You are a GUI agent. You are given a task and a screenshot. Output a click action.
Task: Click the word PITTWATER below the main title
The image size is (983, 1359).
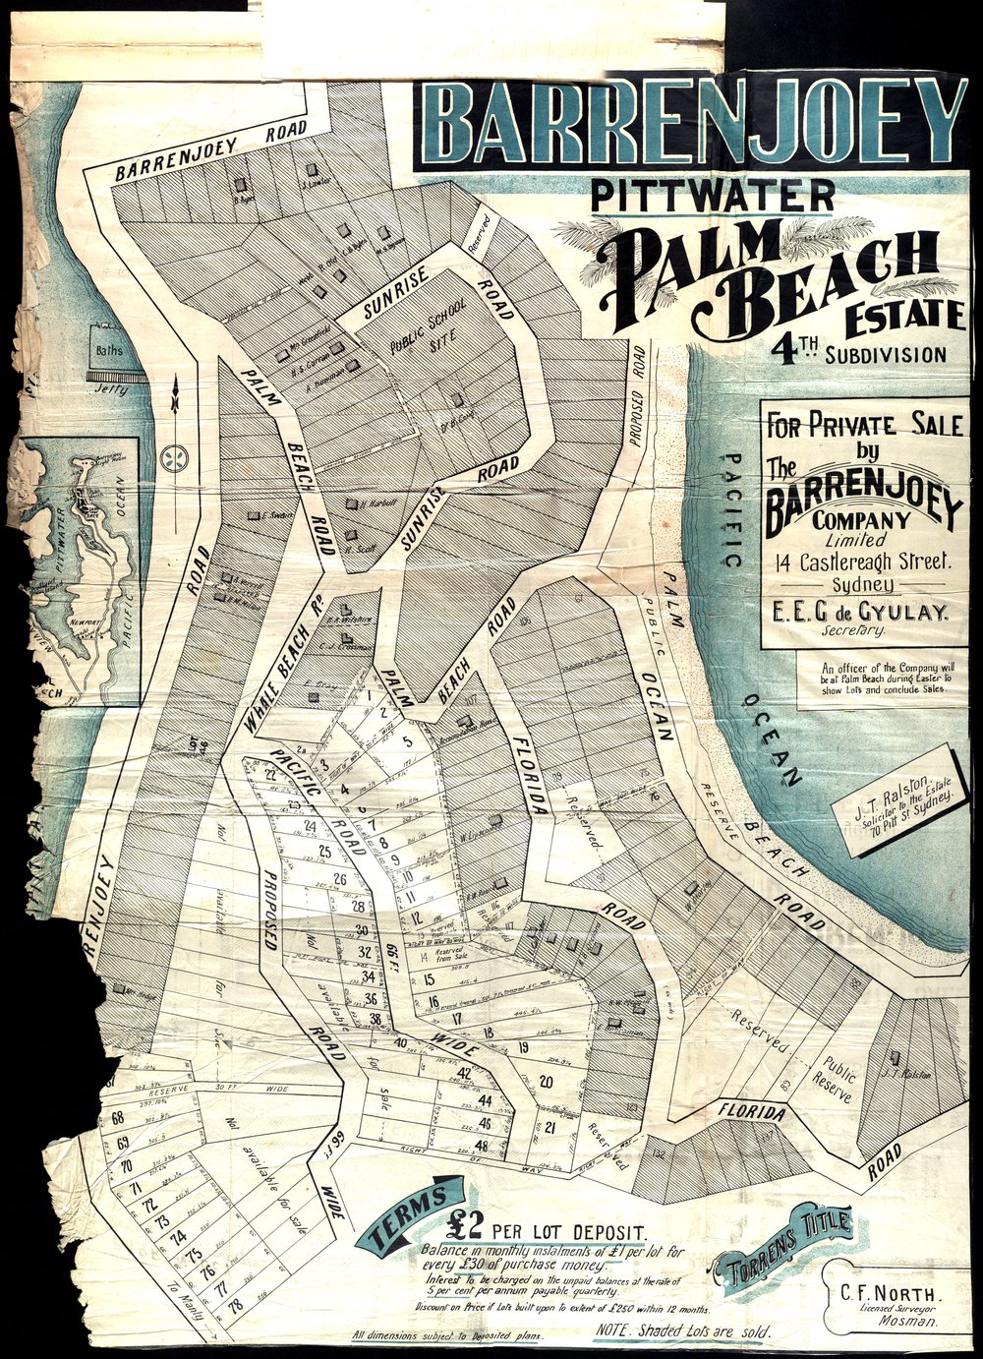pyautogui.click(x=713, y=195)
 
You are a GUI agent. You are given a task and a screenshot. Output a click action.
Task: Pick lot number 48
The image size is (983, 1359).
pyautogui.click(x=482, y=1145)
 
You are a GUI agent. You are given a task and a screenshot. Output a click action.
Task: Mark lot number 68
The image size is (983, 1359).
pyautogui.click(x=118, y=1118)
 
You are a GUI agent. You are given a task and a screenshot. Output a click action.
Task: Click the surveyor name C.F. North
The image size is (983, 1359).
pyautogui.click(x=883, y=1290)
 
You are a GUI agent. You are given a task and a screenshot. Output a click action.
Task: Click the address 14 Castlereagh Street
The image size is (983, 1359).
pyautogui.click(x=862, y=562)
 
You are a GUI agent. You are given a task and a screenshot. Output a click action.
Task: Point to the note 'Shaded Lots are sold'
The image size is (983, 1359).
pyautogui.click(x=683, y=1330)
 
